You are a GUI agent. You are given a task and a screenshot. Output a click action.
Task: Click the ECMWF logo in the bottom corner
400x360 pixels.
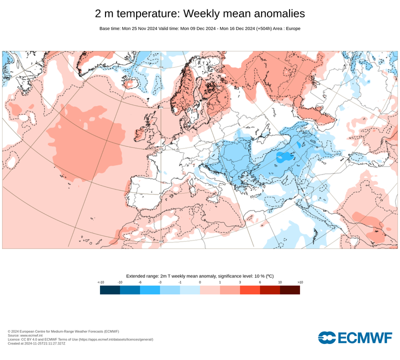[x=355, y=337]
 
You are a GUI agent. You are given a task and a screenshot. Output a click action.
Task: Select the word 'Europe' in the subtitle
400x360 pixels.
[x=293, y=28]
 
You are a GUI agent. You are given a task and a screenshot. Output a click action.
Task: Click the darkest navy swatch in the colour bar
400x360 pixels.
[x=110, y=290]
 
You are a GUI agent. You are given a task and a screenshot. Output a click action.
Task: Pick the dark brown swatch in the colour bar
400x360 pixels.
[x=290, y=290]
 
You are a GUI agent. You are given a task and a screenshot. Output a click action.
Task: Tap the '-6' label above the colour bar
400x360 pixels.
[x=140, y=282]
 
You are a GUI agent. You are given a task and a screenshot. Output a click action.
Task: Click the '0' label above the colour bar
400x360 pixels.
[x=200, y=282]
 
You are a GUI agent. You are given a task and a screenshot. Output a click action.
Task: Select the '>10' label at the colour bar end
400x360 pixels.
[x=300, y=282]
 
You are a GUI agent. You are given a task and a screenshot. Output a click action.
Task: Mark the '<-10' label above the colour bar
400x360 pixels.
[x=100, y=282]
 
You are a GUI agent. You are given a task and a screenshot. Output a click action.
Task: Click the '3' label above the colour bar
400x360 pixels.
[x=240, y=282]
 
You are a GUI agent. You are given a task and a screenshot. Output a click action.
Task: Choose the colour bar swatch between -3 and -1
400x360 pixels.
[x=170, y=290]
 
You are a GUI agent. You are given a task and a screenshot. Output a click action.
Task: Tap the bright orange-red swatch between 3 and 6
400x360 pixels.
[x=250, y=290]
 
